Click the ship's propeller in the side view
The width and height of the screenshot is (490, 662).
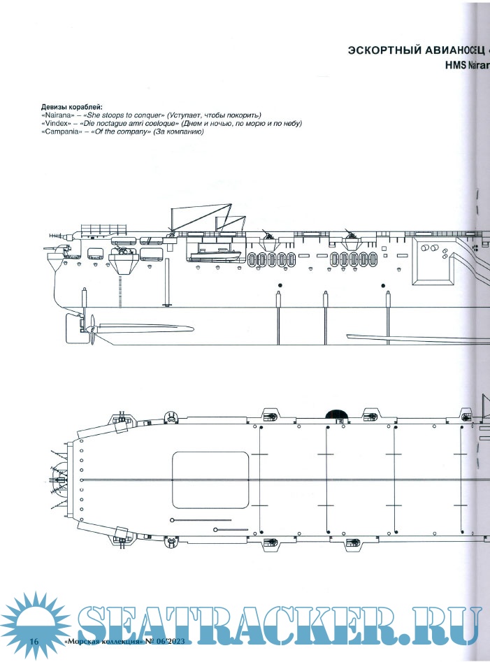pos(90,329)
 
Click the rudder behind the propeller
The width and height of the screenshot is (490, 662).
pos(71,325)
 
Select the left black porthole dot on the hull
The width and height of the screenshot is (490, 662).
pos(279,286)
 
